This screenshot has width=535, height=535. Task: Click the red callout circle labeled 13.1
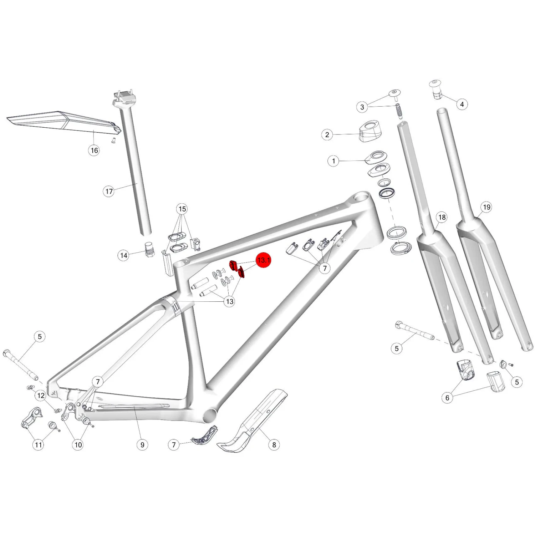(x=264, y=260)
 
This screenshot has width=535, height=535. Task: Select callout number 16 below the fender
(x=94, y=150)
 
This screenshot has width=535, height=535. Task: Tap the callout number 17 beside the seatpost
(x=109, y=192)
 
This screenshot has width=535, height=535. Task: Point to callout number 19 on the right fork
(x=486, y=207)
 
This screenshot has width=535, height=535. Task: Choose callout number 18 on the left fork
(x=442, y=217)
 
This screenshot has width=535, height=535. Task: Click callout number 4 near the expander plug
(x=462, y=104)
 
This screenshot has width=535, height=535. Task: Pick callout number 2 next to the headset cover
(x=327, y=135)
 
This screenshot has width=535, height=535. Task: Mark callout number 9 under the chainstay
(x=142, y=445)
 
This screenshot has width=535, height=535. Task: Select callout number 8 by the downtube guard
(x=274, y=445)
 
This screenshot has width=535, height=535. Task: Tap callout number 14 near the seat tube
(x=123, y=255)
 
